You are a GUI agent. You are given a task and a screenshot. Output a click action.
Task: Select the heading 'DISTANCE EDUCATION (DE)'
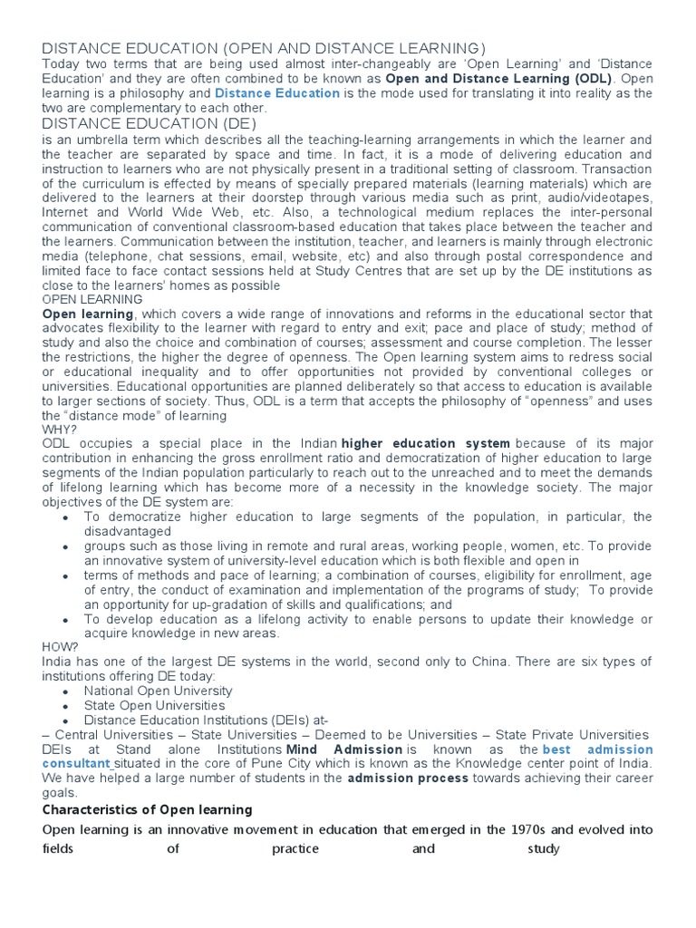click(150, 123)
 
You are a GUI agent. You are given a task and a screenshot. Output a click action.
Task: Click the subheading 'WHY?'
click(58, 429)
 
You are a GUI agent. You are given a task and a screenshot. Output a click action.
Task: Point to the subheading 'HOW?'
click(59, 646)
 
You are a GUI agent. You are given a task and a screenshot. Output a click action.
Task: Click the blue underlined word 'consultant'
click(77, 765)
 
